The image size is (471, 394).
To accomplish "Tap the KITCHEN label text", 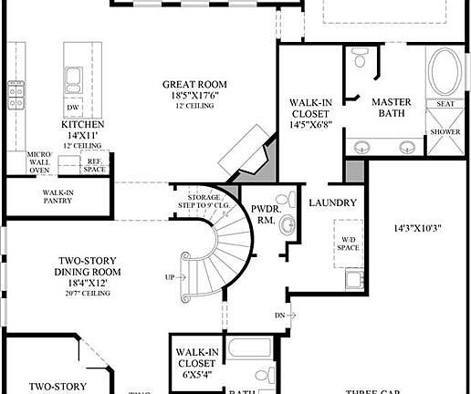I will (83, 124).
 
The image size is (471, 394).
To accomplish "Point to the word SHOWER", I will (446, 131).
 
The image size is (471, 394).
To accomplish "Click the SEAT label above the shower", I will (446, 103).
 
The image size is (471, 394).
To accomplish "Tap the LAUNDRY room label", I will (331, 202).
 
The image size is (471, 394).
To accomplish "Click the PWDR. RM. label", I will (265, 214).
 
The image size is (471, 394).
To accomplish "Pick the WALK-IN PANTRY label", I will (58, 196).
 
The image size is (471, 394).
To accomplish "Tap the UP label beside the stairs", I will (169, 276).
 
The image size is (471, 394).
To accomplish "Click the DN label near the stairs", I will (279, 316).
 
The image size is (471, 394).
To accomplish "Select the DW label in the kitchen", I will (71, 106).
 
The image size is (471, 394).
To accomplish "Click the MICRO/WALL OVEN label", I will (39, 161).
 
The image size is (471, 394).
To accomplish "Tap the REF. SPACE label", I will (94, 166).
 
